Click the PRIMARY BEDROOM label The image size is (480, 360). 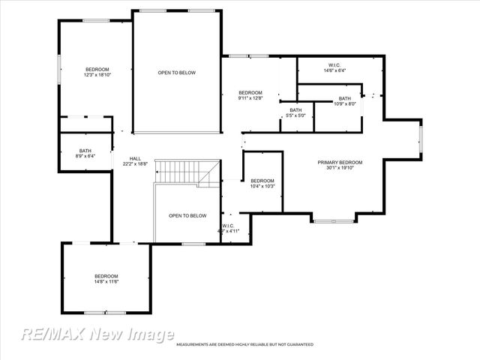tap(340, 163)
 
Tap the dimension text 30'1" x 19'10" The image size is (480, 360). tap(340, 168)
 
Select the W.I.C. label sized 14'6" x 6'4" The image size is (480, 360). tap(334, 65)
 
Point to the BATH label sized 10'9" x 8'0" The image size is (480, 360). tap(344, 98)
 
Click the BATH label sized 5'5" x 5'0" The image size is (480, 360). tap(295, 110)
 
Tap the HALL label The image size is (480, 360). tap(135, 158)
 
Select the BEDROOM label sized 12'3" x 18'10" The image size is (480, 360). tap(97, 69)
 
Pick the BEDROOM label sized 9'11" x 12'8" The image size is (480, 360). tap(250, 93)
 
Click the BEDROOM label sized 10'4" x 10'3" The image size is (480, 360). tap(262, 181)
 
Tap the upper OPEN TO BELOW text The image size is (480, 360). tap(176, 73)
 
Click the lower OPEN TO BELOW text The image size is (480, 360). tap(187, 216)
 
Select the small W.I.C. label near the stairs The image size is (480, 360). tap(228, 226)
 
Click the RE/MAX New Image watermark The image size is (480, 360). tap(97, 334)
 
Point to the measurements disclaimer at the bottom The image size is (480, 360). tap(244, 344)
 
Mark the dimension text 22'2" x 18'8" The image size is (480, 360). tap(135, 163)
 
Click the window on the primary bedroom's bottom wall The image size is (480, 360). tap(333, 220)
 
